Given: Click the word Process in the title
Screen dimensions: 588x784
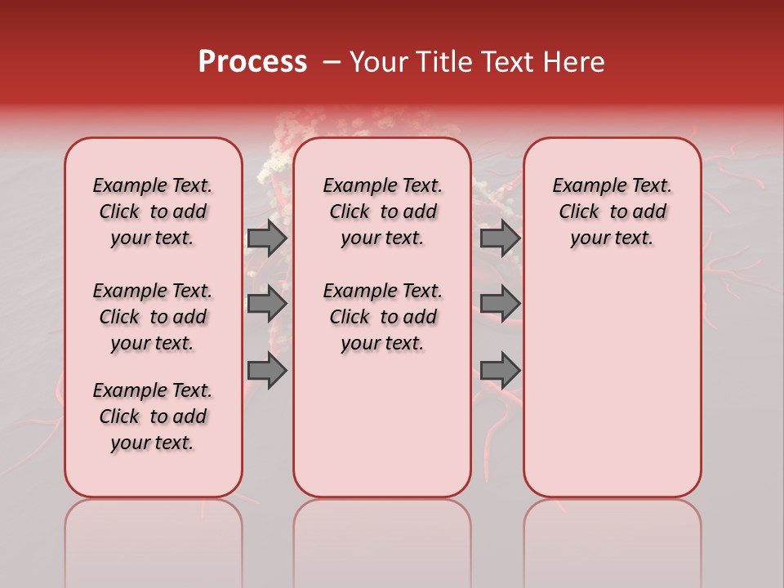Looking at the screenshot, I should (252, 62).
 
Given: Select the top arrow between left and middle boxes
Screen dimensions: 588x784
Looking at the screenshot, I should (267, 238).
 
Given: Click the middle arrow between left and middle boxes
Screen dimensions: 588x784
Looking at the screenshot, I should (267, 304).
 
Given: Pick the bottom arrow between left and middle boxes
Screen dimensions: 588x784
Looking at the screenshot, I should (267, 371).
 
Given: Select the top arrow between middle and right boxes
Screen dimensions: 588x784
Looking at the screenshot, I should (500, 238).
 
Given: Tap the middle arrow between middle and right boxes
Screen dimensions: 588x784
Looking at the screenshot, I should (500, 304).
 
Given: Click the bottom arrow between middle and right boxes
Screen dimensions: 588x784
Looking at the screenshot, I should (500, 371).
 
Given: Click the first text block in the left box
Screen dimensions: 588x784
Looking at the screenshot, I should (153, 212).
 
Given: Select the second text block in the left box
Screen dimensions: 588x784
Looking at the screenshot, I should (153, 317).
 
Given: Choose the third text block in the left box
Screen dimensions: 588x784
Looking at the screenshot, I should (153, 416).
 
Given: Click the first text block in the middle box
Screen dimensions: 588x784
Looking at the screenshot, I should (382, 212).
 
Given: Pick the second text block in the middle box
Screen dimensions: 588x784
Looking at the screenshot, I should (382, 317).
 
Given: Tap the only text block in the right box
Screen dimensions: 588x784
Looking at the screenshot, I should (612, 212).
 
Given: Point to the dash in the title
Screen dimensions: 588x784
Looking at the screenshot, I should (332, 62).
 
